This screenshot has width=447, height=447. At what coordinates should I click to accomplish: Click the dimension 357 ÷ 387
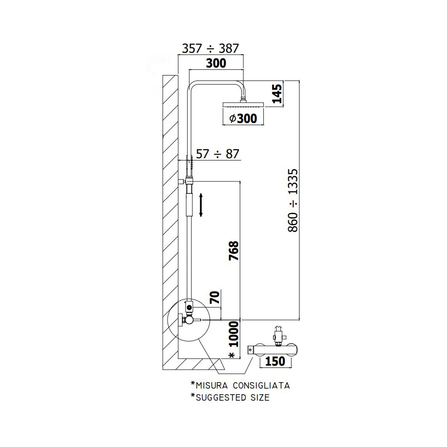point(211,48)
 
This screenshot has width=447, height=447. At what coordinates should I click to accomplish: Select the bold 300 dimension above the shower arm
point(216,63)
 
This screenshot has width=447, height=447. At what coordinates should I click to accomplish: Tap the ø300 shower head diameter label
point(243,118)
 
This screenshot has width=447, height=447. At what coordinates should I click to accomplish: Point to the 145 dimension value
point(277,94)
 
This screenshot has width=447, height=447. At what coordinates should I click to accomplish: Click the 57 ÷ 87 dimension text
point(218,154)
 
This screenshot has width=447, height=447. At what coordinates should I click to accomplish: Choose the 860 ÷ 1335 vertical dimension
point(293,200)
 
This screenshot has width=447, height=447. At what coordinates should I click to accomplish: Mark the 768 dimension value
point(234,251)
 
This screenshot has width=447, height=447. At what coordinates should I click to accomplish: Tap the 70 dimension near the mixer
point(215,297)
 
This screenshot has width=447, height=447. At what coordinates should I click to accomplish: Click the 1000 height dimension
point(234,334)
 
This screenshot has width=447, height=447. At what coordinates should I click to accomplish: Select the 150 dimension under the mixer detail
point(275,361)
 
